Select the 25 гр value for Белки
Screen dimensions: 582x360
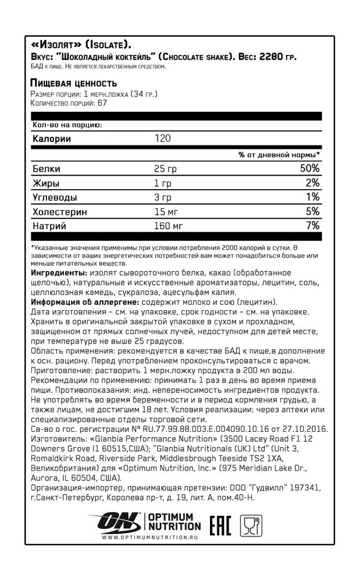click(x=165, y=169)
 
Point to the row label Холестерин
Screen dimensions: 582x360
click(x=60, y=211)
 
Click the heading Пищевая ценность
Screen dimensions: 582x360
click(x=73, y=83)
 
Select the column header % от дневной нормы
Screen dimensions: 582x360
click(x=279, y=155)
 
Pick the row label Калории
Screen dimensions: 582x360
click(x=52, y=139)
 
